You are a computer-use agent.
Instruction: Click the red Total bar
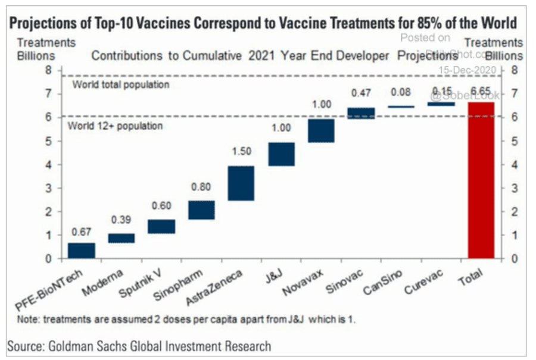click(x=481, y=180)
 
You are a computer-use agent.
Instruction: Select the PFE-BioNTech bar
click(x=82, y=251)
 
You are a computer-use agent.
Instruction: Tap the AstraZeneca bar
click(x=241, y=183)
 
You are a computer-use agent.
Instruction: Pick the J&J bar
click(x=281, y=154)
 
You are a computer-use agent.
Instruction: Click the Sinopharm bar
click(x=201, y=210)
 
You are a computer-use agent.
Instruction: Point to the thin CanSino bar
click(x=401, y=107)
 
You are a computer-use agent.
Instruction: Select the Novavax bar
click(x=321, y=130)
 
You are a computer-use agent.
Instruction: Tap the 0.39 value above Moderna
click(x=121, y=220)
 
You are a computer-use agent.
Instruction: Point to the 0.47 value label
click(x=361, y=93)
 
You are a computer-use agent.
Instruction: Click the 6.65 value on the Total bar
click(x=481, y=91)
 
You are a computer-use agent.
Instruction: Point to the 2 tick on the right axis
click(x=513, y=212)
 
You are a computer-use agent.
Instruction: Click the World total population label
click(x=121, y=85)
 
